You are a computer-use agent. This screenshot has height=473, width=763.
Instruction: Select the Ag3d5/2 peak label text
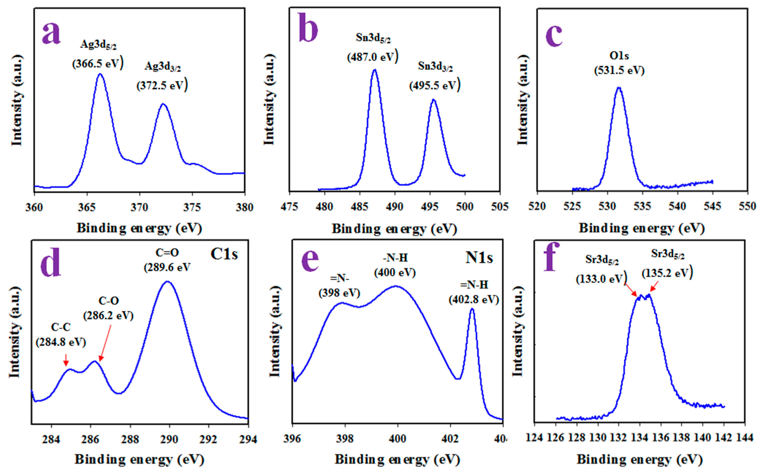[x=98, y=45]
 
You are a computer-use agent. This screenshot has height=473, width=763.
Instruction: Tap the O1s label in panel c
[x=619, y=56]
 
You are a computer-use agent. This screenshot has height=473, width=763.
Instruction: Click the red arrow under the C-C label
[x=66, y=360]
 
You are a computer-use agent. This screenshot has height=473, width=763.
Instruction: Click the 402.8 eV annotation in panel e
[x=473, y=300]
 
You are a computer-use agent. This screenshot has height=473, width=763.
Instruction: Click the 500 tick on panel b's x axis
[x=465, y=207]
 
